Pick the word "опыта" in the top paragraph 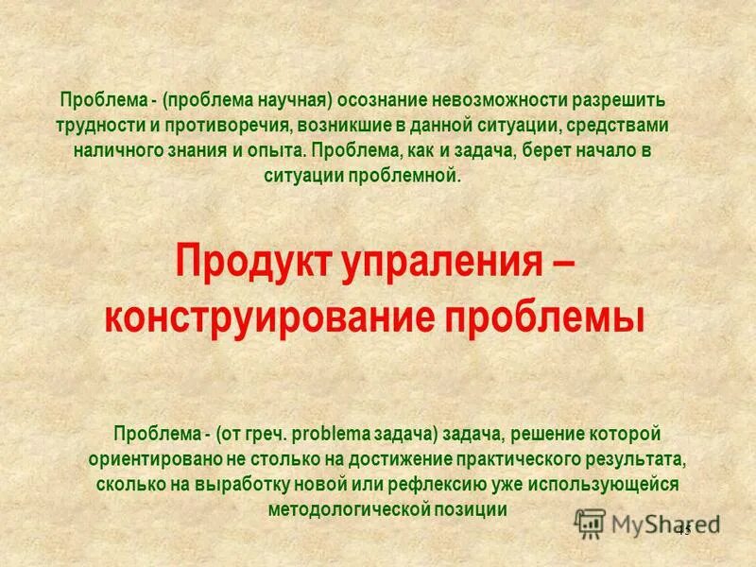(x=279, y=151)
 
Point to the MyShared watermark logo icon (x=590, y=523)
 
